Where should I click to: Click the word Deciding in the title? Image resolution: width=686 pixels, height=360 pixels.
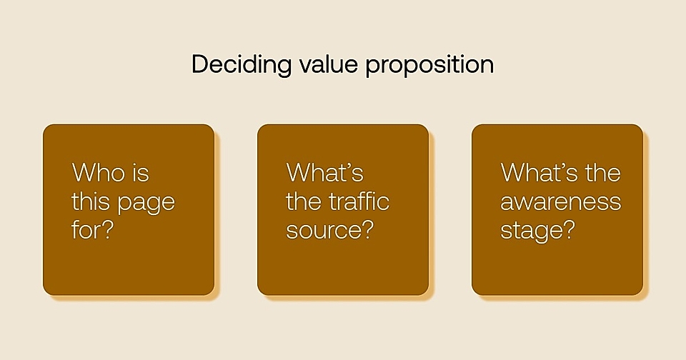[241, 65]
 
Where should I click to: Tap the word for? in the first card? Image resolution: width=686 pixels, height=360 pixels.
[92, 231]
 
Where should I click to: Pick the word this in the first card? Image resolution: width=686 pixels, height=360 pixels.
[91, 202]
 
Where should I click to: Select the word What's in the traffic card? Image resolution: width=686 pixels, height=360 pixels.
[325, 173]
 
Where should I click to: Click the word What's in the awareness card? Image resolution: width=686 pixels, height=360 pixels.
[540, 173]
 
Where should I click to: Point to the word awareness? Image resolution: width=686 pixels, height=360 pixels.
[561, 203]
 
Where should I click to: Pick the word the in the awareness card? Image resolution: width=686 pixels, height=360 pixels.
[604, 173]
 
